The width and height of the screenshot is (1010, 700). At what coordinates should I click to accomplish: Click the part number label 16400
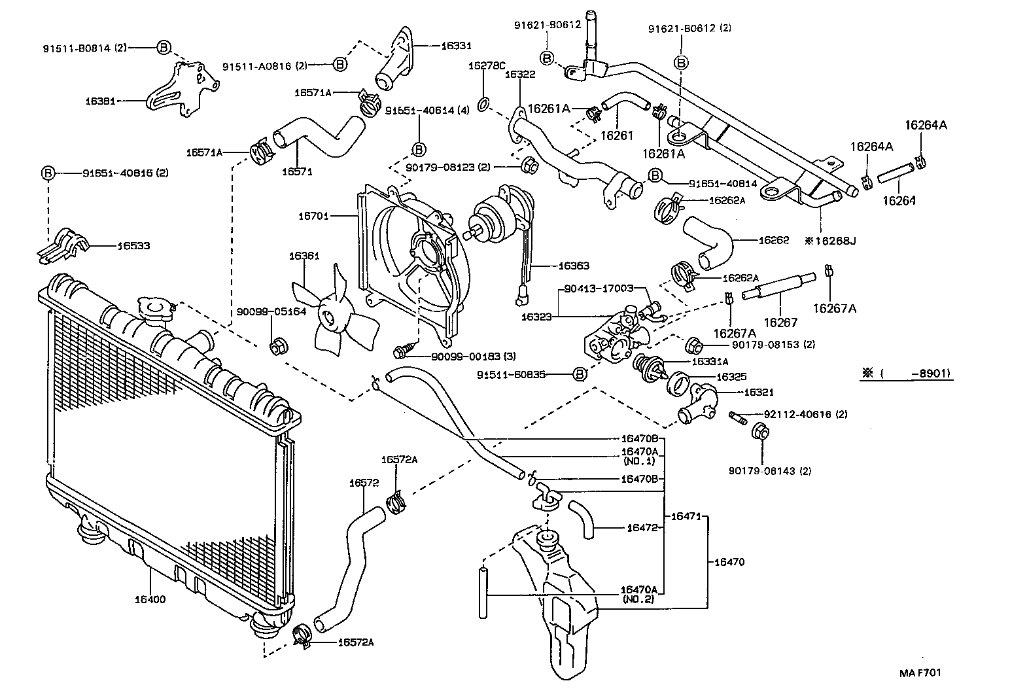(x=150, y=599)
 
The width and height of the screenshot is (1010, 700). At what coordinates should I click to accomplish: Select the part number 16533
(x=133, y=246)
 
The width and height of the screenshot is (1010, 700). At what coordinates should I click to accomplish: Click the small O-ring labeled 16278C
(x=483, y=103)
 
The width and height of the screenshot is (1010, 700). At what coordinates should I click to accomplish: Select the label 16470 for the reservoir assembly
(x=729, y=561)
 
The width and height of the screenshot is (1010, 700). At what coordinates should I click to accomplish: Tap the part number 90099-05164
(x=271, y=311)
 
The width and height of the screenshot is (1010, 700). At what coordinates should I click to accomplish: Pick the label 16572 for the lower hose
(x=364, y=483)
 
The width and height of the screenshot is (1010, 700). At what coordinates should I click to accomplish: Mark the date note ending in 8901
(x=906, y=374)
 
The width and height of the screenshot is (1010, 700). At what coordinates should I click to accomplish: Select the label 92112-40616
(x=796, y=414)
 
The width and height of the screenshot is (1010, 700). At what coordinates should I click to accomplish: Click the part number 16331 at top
(x=456, y=46)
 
